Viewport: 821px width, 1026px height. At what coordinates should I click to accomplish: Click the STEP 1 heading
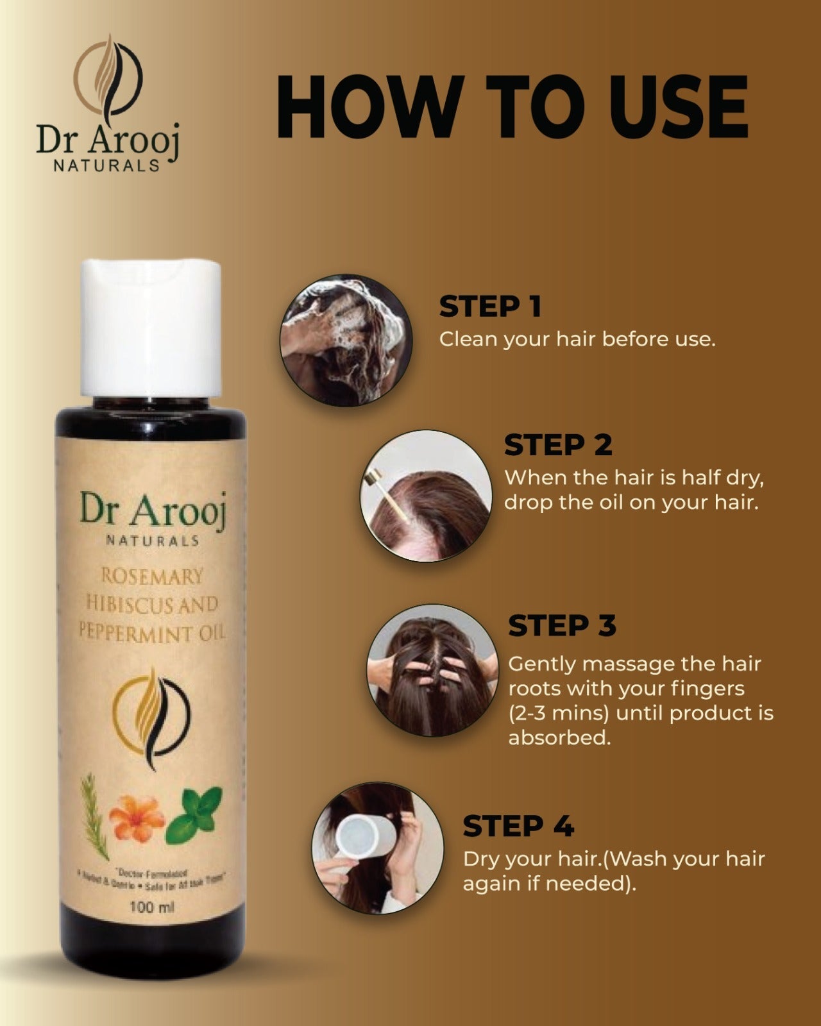490,307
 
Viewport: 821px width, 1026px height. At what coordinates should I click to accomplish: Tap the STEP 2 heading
558,445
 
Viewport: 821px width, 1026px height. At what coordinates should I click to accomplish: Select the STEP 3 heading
562,626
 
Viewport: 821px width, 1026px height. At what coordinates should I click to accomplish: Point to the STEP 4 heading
518,826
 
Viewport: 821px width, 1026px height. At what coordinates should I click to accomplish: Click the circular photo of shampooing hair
346,340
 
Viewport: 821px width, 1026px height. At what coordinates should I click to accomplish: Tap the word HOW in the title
369,106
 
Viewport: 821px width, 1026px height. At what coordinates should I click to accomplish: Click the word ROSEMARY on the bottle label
152,576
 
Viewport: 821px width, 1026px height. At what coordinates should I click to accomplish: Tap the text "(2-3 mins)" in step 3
558,713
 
